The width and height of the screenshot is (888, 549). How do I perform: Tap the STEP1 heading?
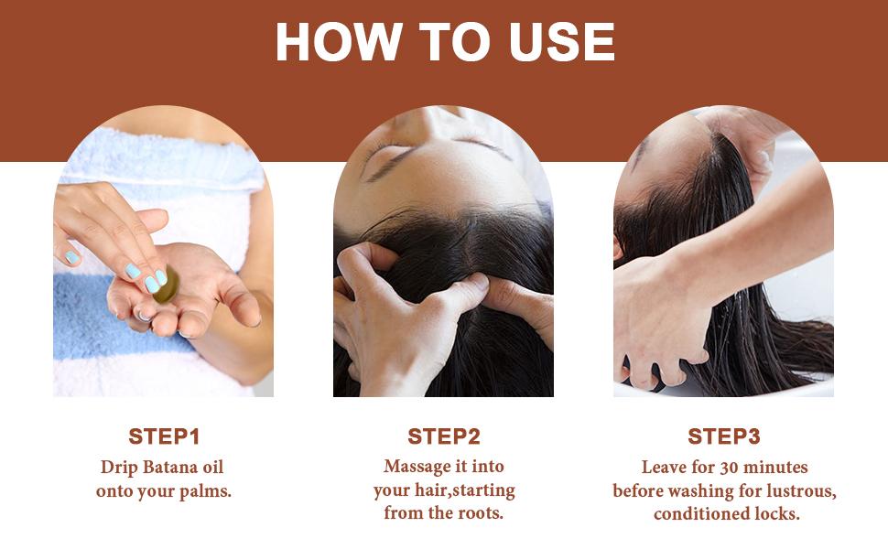click(164, 436)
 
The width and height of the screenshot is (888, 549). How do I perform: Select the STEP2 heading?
click(444, 436)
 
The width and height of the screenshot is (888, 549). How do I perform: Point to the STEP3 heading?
click(724, 436)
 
